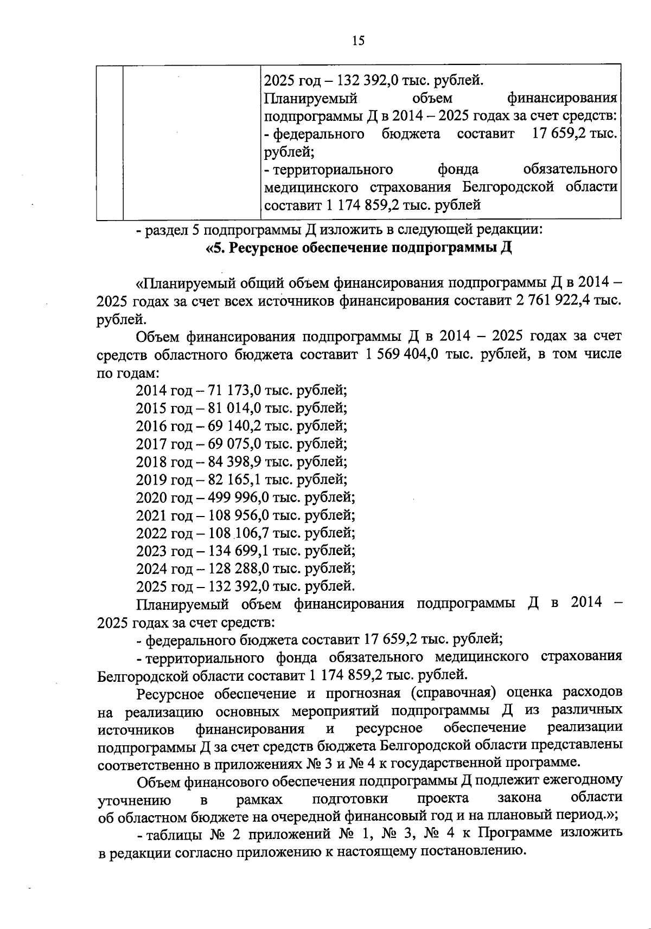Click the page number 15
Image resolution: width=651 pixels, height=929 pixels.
tap(358, 41)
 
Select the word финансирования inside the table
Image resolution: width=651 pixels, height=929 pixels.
tap(562, 99)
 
